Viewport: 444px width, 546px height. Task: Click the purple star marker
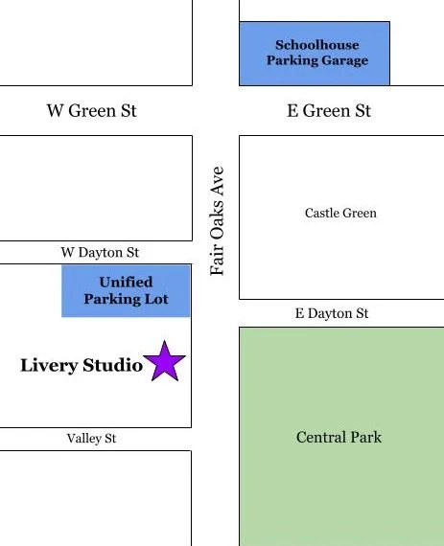[166, 362]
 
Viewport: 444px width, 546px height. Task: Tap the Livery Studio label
[82, 365]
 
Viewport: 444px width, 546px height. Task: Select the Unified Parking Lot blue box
[126, 291]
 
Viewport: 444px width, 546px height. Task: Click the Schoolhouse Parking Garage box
[315, 53]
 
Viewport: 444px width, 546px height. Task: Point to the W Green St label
[91, 111]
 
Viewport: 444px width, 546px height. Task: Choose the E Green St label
[329, 111]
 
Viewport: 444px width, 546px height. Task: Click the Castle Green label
[340, 213]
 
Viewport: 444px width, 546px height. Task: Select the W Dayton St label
[100, 253]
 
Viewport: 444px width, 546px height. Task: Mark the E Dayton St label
[331, 313]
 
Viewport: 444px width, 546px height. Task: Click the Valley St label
[91, 439]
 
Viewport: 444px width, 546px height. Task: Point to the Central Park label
[339, 438]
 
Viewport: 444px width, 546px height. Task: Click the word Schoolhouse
[316, 45]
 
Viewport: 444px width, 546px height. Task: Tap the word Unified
[126, 283]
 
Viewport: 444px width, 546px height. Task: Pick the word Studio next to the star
[113, 365]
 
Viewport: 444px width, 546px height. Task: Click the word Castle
[322, 213]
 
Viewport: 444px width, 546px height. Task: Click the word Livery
[48, 365]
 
